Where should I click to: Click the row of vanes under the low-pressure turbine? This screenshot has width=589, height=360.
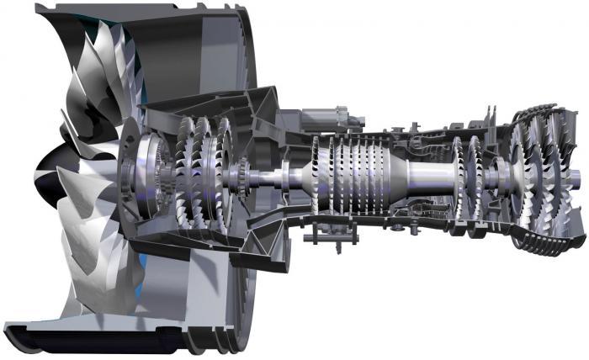(539, 241)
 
